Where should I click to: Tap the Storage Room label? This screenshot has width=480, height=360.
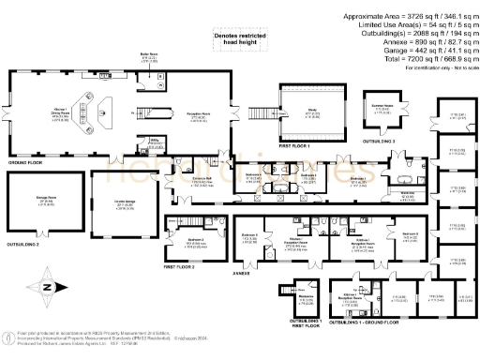(46, 199)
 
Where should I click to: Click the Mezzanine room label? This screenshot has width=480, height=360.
(306, 298)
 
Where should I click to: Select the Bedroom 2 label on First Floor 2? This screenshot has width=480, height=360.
(196, 240)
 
